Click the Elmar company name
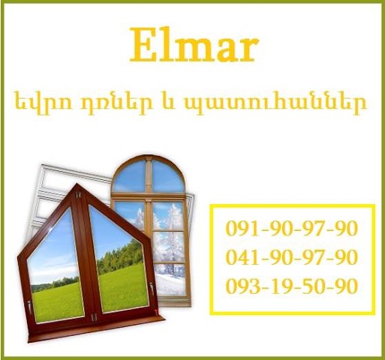pyautogui.click(x=194, y=45)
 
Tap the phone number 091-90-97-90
pyautogui.click(x=291, y=228)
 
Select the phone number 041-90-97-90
pyautogui.click(x=291, y=256)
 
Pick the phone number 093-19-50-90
pyautogui.click(x=291, y=286)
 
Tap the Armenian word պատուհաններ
pyautogui.click(x=275, y=103)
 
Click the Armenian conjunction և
pyautogui.click(x=168, y=102)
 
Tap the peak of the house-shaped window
pyautogui.click(x=77, y=184)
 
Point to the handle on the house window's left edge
pyautogui.click(x=29, y=307)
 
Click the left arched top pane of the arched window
pyautogui.click(x=130, y=176)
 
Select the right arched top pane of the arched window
pyautogui.click(x=168, y=176)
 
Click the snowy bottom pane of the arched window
pyautogui.click(x=170, y=280)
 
